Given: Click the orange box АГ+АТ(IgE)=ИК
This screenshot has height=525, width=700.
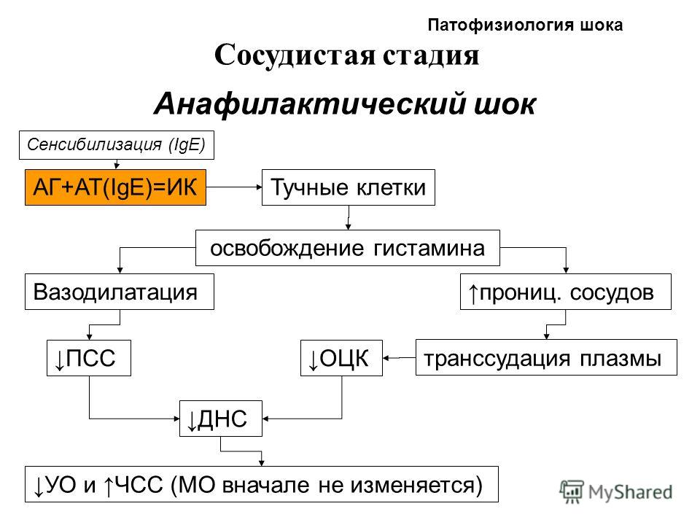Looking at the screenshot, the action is coord(115,187).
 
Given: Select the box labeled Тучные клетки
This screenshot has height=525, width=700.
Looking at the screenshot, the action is coord(349,187).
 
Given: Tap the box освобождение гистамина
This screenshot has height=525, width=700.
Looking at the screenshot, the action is coord(347,248).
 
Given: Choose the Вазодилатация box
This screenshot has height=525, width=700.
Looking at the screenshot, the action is coord(119,292).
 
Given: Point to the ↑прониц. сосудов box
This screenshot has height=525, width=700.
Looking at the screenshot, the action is coord(566,292).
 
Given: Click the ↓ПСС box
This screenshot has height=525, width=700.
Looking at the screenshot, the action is coord(89,357).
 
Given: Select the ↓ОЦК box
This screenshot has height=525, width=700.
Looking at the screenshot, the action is coord(341,357).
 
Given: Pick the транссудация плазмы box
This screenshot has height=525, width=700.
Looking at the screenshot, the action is coord(546,357).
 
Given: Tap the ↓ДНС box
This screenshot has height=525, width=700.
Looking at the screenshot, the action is coord(220,419).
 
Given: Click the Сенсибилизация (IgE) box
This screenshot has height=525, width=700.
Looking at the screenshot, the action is coord(117,145).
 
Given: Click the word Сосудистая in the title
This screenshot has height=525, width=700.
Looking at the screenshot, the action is coord(294,55).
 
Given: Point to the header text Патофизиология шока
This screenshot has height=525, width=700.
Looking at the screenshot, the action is coord(525,25).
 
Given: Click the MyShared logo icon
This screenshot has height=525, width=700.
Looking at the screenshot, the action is coord(572,491).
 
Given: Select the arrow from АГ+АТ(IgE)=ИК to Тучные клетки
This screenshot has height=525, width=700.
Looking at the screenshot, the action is coord(234,187).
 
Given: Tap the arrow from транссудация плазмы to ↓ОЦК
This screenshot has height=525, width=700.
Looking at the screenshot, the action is coord(399,357).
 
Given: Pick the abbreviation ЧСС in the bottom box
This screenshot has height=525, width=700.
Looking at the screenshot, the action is coord(139,485).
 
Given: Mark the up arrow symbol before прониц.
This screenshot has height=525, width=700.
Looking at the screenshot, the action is coord(472,293).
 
